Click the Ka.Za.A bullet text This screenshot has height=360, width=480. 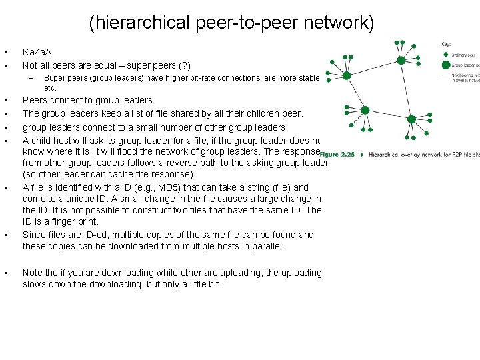point(37,52)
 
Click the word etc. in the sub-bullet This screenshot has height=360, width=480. point(51,88)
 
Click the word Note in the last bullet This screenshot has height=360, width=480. point(33,273)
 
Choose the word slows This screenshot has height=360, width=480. point(35,285)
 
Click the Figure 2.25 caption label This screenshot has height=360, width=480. point(337,154)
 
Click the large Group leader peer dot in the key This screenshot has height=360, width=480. point(445,65)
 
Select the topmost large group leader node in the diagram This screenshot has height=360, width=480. point(401,60)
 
